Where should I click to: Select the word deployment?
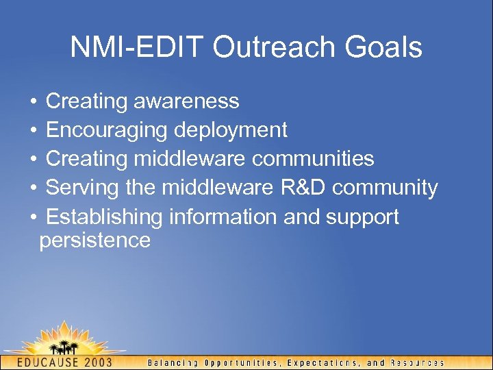point(231,130)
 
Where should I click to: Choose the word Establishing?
point(104,217)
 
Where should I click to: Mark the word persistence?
point(94,241)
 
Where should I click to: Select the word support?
point(362,217)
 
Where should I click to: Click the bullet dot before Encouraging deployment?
point(34,130)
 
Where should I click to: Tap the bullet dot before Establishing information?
point(34,217)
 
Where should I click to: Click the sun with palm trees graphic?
point(65,339)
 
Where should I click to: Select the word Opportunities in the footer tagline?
point(238,362)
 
